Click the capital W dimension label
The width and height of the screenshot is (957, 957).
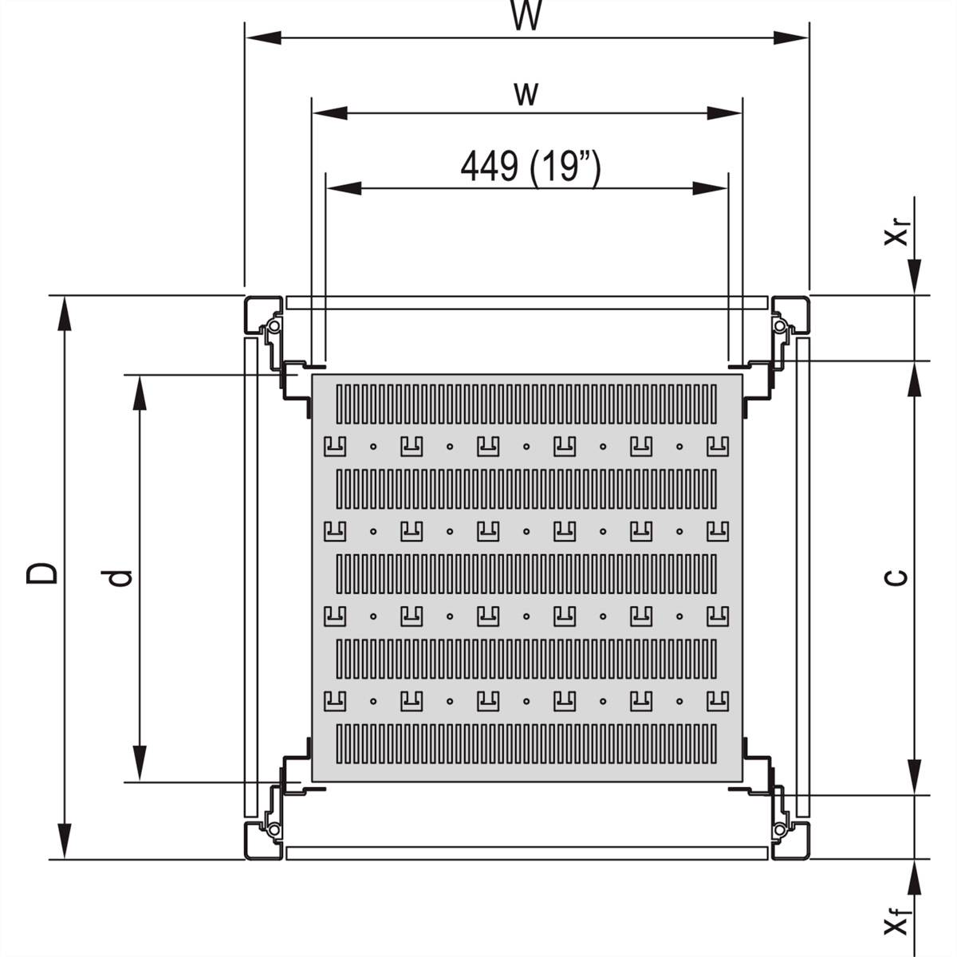[526, 17]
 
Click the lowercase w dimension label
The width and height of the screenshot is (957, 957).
[526, 94]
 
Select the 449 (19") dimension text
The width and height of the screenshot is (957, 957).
[530, 167]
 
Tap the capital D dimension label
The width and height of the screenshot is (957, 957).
[41, 573]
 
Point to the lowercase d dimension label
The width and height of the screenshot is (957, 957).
[120, 577]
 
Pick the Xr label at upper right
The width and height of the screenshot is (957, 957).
[898, 234]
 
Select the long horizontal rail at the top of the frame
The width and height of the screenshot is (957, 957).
[526, 303]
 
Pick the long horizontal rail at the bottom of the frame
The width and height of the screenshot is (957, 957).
[526, 853]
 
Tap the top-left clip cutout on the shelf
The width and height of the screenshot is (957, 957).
[333, 446]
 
